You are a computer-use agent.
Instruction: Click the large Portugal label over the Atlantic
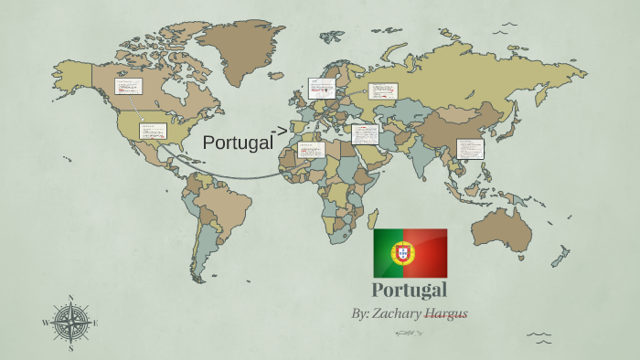click(238, 143)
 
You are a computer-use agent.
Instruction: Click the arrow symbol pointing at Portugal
click(282, 129)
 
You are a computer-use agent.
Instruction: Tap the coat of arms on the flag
click(400, 252)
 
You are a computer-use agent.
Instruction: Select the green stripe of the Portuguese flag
click(387, 252)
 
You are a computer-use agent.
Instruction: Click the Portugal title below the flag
click(410, 291)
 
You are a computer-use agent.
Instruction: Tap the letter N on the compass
click(70, 298)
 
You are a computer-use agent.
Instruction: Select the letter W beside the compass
click(45, 323)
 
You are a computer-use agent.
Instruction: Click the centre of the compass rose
click(70, 323)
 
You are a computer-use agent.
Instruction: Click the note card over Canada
click(127, 86)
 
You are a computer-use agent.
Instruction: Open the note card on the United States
click(152, 131)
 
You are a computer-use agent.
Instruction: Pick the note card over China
click(469, 148)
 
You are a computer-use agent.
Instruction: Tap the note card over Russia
click(383, 90)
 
